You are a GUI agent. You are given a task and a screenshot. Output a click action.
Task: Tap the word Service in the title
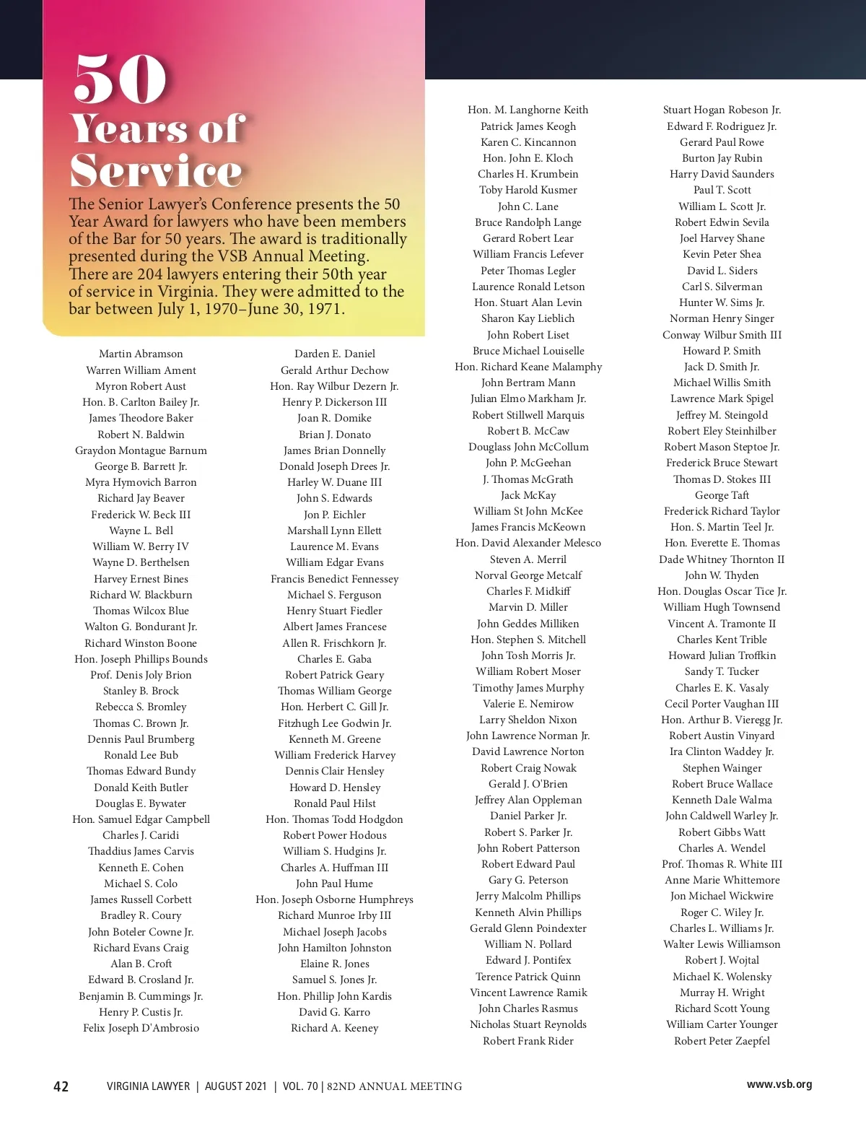(156, 171)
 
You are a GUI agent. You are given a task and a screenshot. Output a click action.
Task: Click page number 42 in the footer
(61, 1086)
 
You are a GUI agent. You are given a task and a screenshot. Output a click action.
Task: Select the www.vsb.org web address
(779, 1084)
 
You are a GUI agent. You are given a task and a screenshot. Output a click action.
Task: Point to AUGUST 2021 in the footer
(236, 1086)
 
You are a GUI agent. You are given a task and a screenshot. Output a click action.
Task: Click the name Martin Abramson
(141, 354)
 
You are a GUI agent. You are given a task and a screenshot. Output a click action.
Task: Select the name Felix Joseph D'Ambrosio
(141, 1028)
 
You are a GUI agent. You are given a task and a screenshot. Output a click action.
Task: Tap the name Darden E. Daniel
(335, 354)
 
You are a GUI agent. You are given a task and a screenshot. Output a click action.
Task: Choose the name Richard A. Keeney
(335, 1028)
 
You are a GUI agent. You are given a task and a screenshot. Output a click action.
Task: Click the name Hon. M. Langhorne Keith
(528, 110)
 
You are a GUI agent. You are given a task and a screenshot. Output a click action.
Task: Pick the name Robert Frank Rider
(528, 1041)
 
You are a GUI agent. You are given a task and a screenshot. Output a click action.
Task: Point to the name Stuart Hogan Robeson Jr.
(722, 110)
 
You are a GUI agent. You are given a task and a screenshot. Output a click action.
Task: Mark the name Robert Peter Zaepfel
(722, 1041)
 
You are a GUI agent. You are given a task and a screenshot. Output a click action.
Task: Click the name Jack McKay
(528, 495)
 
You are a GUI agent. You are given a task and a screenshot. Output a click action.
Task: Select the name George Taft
(722, 495)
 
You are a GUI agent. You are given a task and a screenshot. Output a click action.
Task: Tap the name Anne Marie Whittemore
(722, 880)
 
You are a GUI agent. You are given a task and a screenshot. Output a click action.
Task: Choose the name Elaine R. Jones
(335, 964)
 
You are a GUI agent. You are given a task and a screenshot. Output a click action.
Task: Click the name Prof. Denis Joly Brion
(141, 675)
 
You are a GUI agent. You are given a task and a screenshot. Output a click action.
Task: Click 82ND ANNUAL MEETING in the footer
(395, 1086)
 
